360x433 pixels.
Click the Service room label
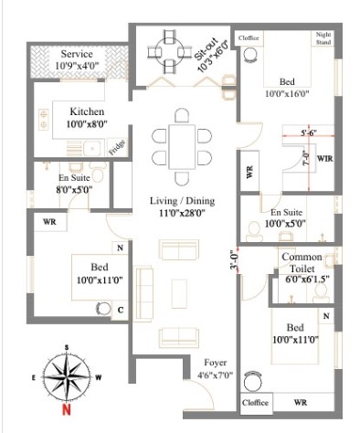tap(77, 54)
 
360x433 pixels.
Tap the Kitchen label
tap(87, 111)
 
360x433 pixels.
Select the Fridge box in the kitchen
tap(118, 147)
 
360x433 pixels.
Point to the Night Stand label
tap(323, 38)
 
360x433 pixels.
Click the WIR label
tap(325, 159)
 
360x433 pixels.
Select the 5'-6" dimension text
tap(309, 132)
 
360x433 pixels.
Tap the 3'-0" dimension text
tap(233, 260)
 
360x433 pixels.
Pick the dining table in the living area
tap(182, 146)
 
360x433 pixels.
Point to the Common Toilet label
tap(302, 263)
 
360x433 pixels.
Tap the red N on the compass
tap(67, 409)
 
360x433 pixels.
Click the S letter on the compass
tap(67, 347)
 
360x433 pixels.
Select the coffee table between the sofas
tap(179, 294)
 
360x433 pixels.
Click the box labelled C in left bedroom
tap(120, 311)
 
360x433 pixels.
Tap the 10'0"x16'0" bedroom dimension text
tap(287, 94)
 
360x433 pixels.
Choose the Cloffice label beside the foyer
tap(255, 403)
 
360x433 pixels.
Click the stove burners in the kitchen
tap(44, 119)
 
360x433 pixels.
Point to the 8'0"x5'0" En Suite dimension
tap(74, 190)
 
